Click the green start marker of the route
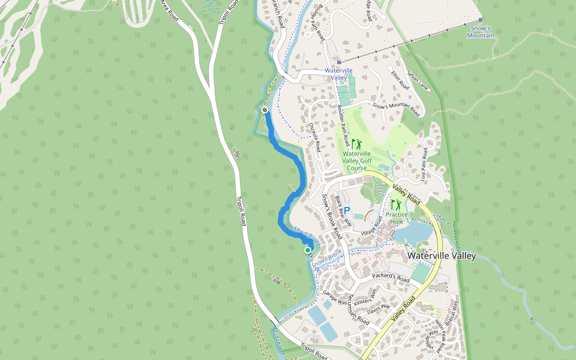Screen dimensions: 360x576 tap(308, 250)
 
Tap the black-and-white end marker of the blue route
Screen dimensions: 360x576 tap(265, 110)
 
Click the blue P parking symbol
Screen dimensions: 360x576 tap(347, 211)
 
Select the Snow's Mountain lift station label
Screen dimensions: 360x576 tap(481, 32)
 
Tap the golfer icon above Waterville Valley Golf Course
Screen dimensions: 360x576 tap(356, 144)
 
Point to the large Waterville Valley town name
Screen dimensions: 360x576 tap(442, 256)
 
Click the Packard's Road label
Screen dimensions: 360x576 tap(391, 278)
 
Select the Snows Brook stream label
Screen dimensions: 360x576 tap(326, 259)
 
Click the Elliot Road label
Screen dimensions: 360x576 tap(400, 81)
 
